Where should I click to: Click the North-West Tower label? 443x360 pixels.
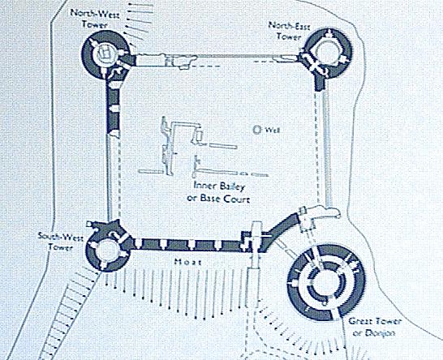(94, 19)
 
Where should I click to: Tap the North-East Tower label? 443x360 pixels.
(289, 31)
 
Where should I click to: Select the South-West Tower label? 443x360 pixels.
(61, 242)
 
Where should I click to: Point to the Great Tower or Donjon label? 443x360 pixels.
(375, 327)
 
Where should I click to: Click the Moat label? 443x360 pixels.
(188, 262)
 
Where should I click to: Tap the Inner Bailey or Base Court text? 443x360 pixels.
(218, 192)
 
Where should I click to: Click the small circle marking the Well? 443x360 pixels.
(257, 130)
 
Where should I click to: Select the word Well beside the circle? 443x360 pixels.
(272, 131)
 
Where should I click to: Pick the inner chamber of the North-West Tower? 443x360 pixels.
(105, 53)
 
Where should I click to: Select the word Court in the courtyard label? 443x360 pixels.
(237, 199)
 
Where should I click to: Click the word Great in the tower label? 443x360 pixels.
(360, 321)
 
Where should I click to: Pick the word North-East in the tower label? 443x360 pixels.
(289, 26)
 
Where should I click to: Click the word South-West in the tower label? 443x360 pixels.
(61, 237)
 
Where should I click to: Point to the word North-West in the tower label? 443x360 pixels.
(94, 14)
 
